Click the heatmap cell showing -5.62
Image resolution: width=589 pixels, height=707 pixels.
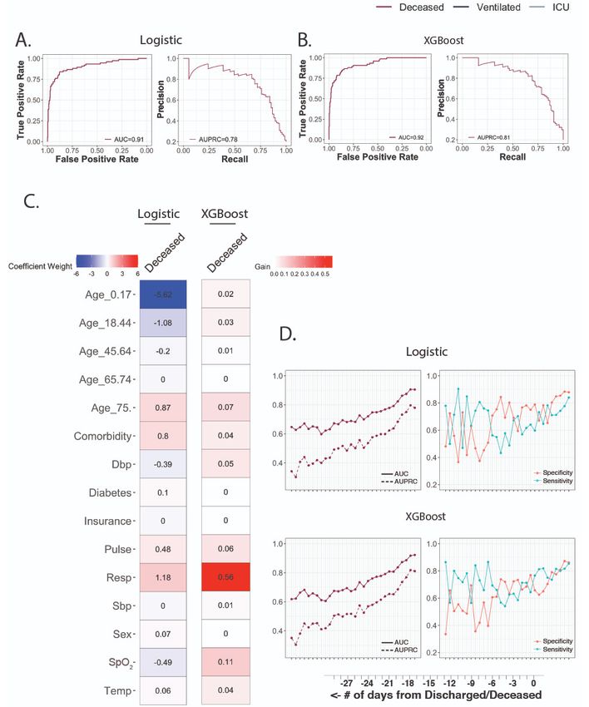[162, 294]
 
